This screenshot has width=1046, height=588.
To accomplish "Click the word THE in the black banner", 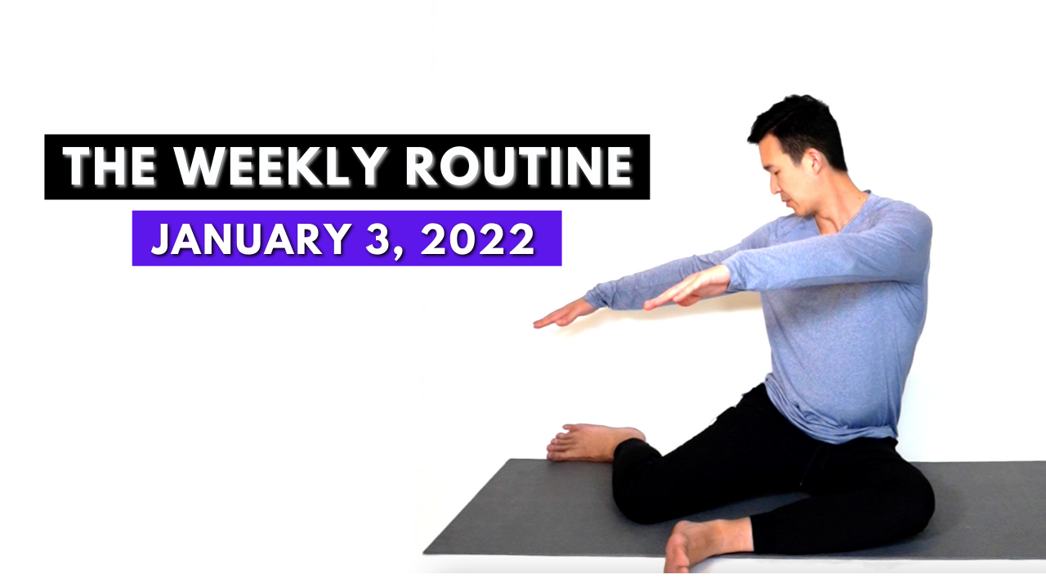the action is pos(110,166).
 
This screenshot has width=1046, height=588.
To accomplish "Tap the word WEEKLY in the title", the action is pos(280,166).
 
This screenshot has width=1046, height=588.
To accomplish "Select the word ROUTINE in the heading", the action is pos(519,166).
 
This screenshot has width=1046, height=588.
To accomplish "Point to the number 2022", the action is pos(478,238).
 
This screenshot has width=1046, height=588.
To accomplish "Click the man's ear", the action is pos(816,162).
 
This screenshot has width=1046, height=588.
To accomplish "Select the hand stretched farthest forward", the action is pos(564,314).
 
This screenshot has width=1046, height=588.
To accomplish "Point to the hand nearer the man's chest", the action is pos(686,288).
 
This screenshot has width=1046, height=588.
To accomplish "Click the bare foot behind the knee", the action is pos(593,443).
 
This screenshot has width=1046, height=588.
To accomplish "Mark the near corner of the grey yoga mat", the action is pos(424,554).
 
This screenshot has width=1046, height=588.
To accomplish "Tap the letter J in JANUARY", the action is pos(162,239).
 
